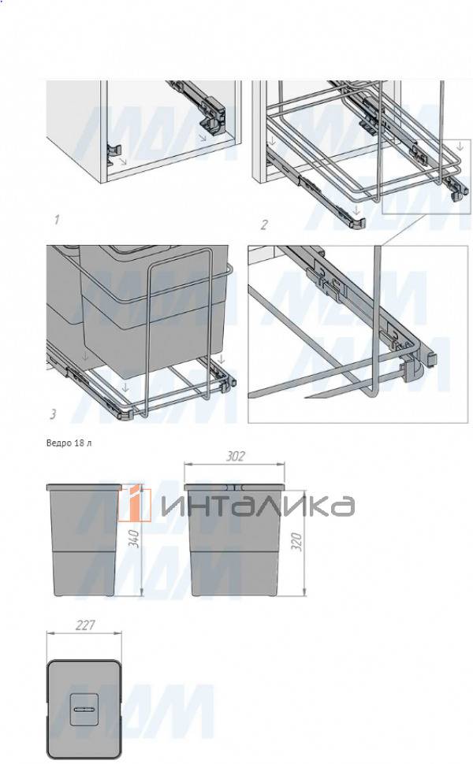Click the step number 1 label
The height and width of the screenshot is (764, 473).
point(57,220)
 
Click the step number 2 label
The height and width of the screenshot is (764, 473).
point(264,224)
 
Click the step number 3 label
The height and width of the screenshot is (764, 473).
point(53,414)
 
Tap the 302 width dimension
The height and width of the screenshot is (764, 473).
point(235,457)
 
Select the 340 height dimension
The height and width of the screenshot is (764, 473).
point(136,539)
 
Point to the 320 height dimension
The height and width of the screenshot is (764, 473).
point(297,542)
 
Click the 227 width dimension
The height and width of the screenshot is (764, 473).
point(85,625)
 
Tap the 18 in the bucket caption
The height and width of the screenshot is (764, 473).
point(80,443)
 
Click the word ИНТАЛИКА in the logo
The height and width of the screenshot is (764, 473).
point(258,506)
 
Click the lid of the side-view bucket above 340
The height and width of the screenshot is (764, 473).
point(84,487)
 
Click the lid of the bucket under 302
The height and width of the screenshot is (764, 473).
point(234,487)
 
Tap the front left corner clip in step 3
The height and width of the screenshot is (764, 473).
point(126,414)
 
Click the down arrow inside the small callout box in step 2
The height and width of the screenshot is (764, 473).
point(460,146)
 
